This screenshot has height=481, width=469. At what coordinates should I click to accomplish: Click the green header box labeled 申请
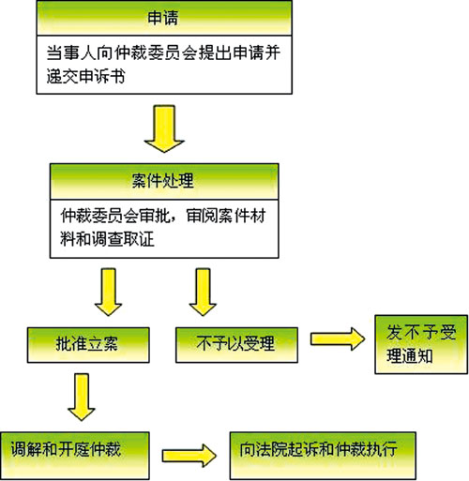[x=164, y=18]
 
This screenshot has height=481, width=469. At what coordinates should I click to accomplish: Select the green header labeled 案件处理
[x=164, y=181]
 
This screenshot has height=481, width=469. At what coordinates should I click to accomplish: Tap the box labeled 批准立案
[x=88, y=345]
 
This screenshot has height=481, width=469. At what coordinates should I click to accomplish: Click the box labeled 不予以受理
[x=236, y=345]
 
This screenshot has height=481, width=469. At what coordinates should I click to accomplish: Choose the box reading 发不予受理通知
[x=421, y=344]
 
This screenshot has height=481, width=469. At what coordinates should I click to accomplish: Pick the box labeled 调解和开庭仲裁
[x=74, y=456]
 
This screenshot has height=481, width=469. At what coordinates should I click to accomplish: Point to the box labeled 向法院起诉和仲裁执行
[x=323, y=456]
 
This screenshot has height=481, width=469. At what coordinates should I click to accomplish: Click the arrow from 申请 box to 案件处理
[x=164, y=128]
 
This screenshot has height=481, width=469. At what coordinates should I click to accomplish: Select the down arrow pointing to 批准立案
[x=108, y=292]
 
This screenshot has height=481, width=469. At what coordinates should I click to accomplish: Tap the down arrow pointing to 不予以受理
[x=203, y=292]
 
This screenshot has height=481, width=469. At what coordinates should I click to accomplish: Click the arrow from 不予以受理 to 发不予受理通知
[x=338, y=339]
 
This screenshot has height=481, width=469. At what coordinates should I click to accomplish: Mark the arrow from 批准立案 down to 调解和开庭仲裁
[x=82, y=397]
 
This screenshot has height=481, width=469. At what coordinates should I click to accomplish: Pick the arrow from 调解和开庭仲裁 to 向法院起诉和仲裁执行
[x=189, y=456]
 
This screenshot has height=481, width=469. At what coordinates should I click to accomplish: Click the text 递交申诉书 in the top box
[x=85, y=76]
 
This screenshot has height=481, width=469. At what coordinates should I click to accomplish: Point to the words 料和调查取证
[x=107, y=240]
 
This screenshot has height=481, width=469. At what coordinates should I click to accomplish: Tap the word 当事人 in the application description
[x=70, y=53]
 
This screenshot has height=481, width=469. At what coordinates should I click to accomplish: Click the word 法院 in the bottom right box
[x=271, y=449]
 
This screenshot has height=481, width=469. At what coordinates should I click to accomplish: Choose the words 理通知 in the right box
[x=410, y=356]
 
